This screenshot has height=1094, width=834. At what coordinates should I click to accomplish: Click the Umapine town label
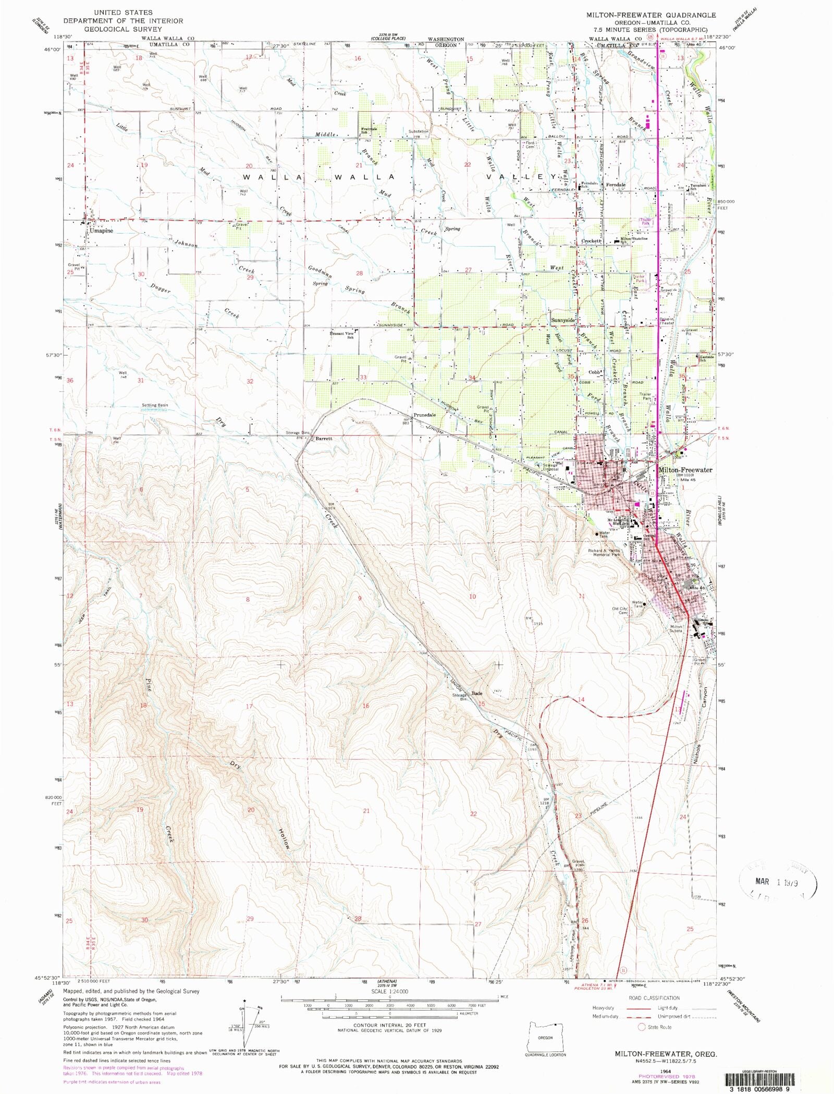tap(101, 230)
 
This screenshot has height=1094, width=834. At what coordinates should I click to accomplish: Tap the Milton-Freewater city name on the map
tap(685, 470)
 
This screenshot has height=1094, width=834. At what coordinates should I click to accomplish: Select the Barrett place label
tap(324, 439)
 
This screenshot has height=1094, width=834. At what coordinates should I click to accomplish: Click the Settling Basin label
tap(155, 405)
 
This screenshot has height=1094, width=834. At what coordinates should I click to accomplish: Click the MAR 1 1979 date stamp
tap(776, 882)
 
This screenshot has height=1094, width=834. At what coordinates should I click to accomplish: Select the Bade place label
tap(476, 694)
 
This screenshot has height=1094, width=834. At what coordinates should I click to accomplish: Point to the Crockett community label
tap(592, 241)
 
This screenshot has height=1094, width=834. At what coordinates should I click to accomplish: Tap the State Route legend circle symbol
tap(642, 1027)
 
